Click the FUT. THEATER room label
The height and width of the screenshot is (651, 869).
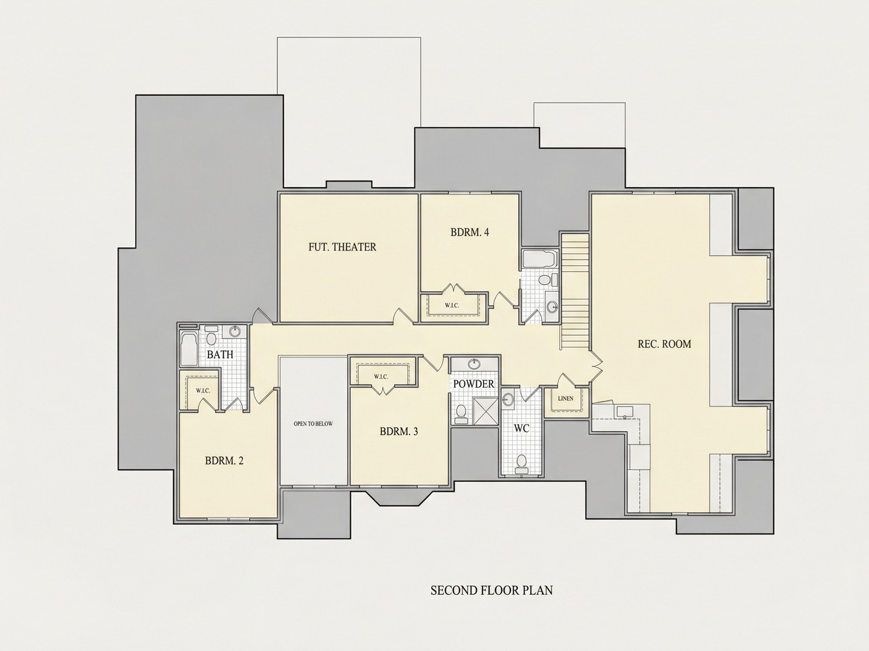[x=342, y=247]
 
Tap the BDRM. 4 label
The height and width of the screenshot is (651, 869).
[x=470, y=232]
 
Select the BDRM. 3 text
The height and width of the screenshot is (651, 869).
[x=399, y=432]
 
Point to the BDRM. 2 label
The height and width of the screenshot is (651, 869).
[x=224, y=461]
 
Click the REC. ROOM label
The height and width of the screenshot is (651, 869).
[x=664, y=344]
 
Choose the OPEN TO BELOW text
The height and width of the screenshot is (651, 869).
[x=313, y=424]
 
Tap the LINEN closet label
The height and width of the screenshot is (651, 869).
[x=565, y=399]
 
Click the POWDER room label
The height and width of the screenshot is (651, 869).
[x=474, y=384]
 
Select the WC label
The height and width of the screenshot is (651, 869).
[x=521, y=428]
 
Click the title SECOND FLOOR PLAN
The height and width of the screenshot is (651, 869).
[x=491, y=602]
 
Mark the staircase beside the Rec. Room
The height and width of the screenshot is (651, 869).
[x=575, y=291]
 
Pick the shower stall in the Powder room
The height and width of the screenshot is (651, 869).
[x=486, y=411]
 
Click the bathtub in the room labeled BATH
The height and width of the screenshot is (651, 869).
[x=189, y=349]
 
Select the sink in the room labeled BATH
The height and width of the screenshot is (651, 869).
[x=235, y=332]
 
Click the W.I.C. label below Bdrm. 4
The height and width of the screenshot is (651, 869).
[x=452, y=306]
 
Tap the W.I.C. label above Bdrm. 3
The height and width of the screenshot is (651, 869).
[x=381, y=377]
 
